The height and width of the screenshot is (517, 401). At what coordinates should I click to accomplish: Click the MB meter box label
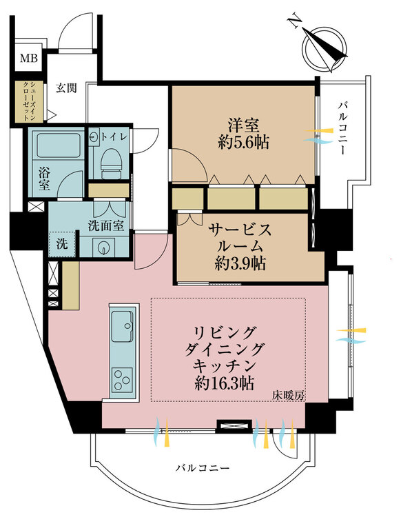28,59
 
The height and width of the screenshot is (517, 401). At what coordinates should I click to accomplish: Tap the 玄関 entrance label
68,88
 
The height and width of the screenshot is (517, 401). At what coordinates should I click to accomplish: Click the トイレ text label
113,136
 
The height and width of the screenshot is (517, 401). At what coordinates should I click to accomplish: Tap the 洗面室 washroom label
105,224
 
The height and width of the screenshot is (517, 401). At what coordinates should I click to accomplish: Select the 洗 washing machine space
62,243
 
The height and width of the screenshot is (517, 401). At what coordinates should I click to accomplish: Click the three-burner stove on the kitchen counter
123,378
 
